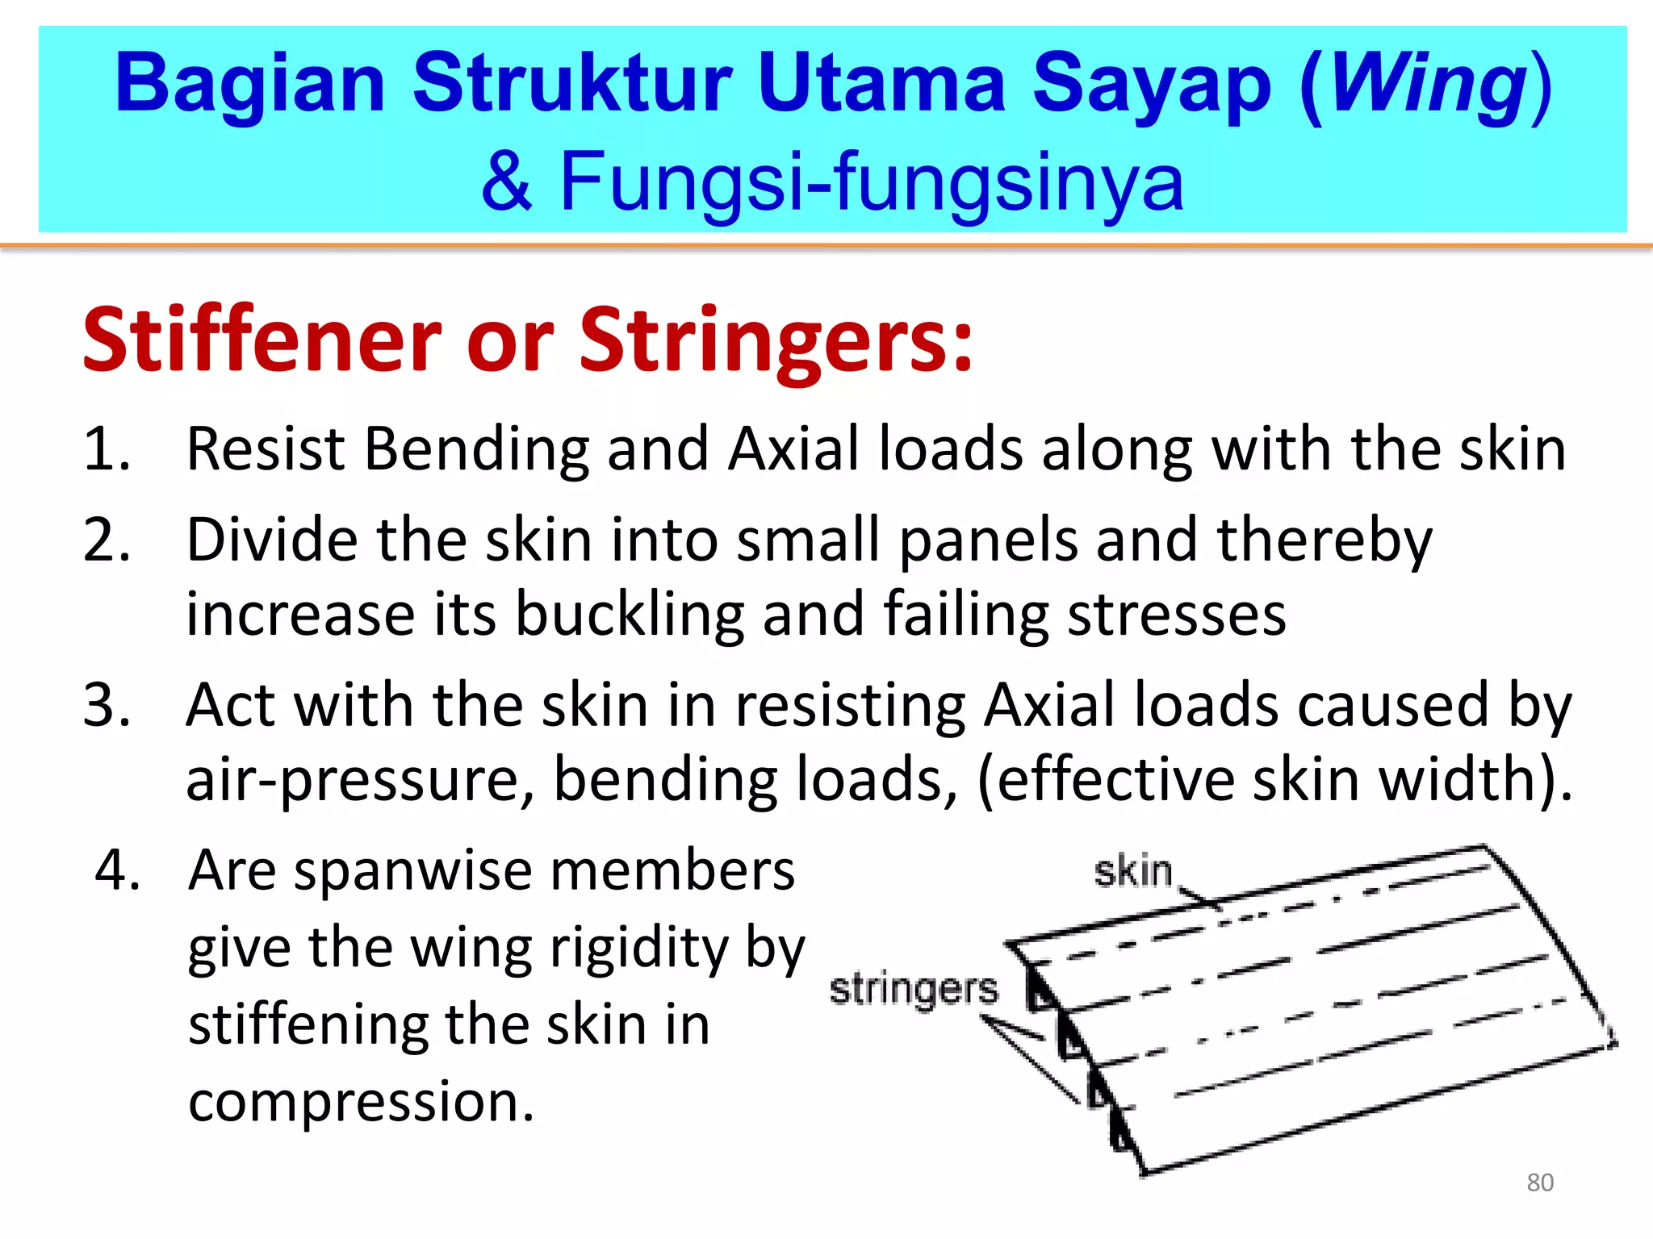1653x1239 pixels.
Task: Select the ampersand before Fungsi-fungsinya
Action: [507, 182]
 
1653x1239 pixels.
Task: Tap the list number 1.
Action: [107, 448]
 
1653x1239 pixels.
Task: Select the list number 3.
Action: [107, 705]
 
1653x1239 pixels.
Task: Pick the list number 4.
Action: [118, 870]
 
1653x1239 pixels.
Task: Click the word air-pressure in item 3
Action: [360, 781]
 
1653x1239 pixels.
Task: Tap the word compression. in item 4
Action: [361, 1102]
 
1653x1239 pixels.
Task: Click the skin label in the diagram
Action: [1132, 872]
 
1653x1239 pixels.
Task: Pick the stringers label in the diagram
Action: [913, 990]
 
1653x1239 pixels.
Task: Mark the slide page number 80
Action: [1540, 1183]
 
